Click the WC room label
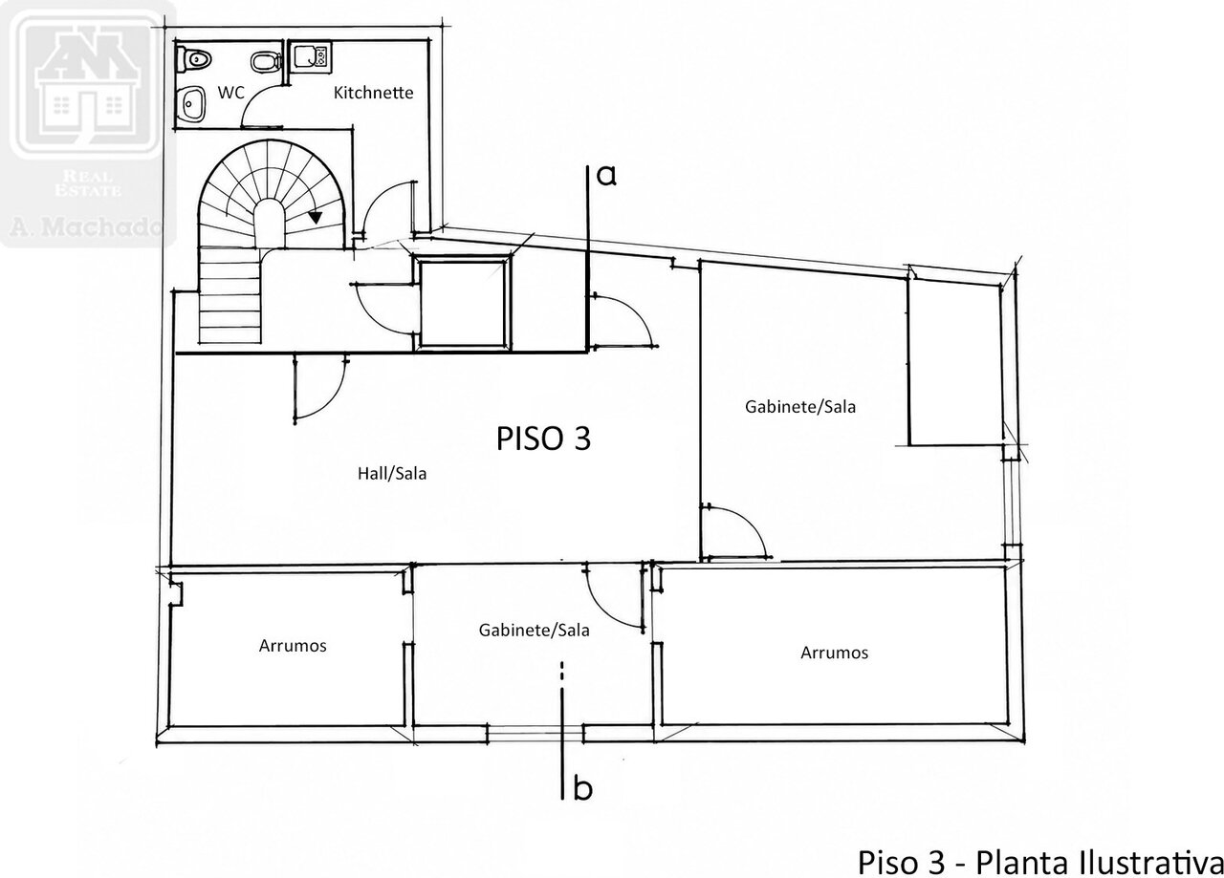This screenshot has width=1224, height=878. point(230,93)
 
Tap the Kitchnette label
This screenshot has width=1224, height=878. point(373,93)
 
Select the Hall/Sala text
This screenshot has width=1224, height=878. point(392,474)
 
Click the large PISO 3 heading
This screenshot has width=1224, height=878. point(543,439)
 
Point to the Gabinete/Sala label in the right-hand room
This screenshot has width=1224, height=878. point(800,407)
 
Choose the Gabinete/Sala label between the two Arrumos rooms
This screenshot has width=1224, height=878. point(534,631)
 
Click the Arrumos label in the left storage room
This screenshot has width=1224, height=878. point(293,646)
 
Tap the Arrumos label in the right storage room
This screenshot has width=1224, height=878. point(834,653)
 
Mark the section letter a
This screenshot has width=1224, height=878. point(606,176)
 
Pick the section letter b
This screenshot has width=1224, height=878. point(582,788)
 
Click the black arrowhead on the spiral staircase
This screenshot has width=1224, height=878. point(316,217)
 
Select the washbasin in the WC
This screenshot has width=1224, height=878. point(191,104)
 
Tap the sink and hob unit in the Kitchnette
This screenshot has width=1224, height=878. point(312,56)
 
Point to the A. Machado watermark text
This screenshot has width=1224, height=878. point(86,225)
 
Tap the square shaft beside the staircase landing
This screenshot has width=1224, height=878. point(464,303)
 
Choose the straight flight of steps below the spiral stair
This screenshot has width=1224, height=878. point(229,295)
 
